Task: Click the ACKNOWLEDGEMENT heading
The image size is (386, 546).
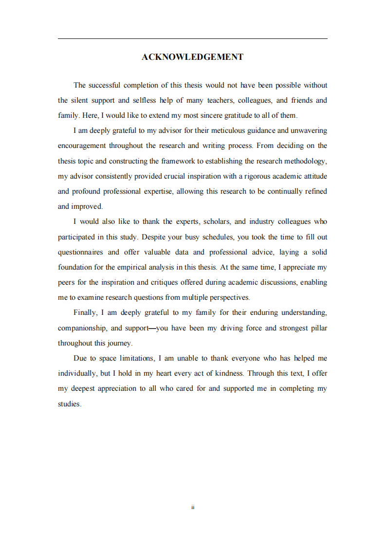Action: [x=192, y=57]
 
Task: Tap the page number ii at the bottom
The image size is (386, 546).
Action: [x=193, y=507]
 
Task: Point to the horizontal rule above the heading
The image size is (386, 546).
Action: [x=192, y=39]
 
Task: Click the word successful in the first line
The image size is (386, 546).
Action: [x=105, y=85]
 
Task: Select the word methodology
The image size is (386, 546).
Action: [x=304, y=161]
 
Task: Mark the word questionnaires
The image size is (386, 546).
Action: [x=80, y=252]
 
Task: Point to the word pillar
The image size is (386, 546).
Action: [x=317, y=328]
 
